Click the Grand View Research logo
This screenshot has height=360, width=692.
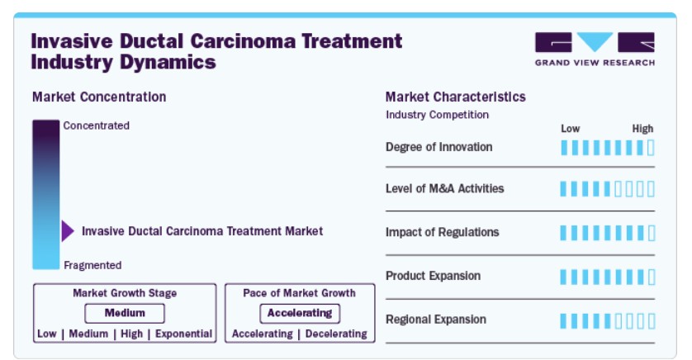pyautogui.click(x=595, y=49)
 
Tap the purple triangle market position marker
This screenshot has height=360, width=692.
pyautogui.click(x=68, y=230)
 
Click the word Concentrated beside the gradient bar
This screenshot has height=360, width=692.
pyautogui.click(x=97, y=126)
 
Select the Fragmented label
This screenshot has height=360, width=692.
pyautogui.click(x=92, y=265)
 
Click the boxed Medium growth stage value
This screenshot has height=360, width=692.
pyautogui.click(x=125, y=313)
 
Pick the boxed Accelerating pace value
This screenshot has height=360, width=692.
pyautogui.click(x=300, y=313)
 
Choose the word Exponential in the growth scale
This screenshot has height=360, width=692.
pyautogui.click(x=183, y=334)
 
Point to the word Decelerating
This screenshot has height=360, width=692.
pyautogui.click(x=336, y=334)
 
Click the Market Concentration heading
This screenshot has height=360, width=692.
pyautogui.click(x=99, y=97)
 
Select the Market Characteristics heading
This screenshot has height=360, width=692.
pyautogui.click(x=456, y=97)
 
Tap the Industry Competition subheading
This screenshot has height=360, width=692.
pyautogui.click(x=438, y=115)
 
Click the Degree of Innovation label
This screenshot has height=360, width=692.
pyautogui.click(x=439, y=147)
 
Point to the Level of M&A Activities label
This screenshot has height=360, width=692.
pyautogui.click(x=445, y=188)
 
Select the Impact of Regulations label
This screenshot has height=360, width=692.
pyautogui.click(x=443, y=232)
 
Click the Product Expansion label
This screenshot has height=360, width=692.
pyautogui.click(x=433, y=276)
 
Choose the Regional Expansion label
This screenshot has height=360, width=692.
pyautogui.click(x=436, y=320)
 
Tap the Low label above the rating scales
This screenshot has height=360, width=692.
pyautogui.click(x=570, y=129)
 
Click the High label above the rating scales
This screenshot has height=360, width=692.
pyautogui.click(x=642, y=129)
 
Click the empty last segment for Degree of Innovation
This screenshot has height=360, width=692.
pyautogui.click(x=651, y=148)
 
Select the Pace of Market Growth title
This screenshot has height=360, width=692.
pyautogui.click(x=299, y=293)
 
